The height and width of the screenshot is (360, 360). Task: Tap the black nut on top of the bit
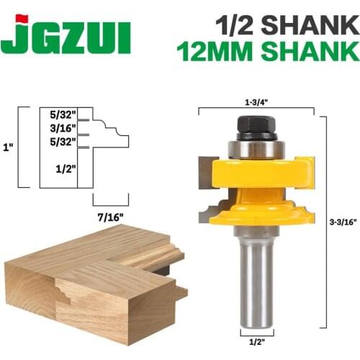point(256,124)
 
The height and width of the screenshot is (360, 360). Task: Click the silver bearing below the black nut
point(256,148)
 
